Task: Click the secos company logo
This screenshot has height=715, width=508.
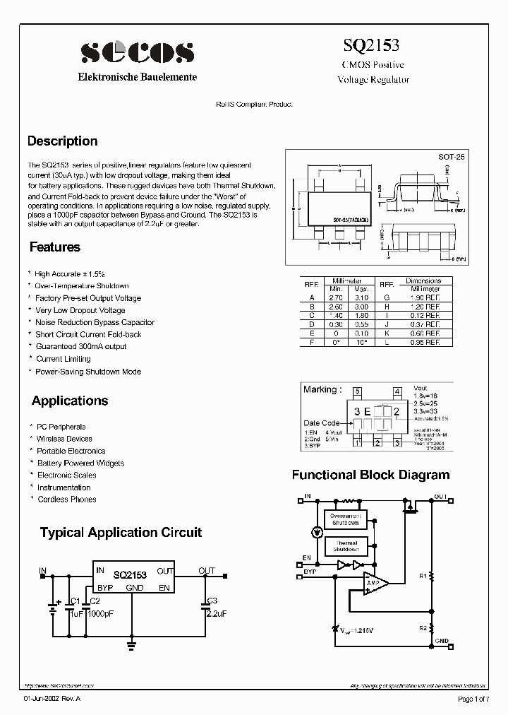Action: point(137,52)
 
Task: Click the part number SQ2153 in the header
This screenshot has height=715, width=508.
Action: point(371,45)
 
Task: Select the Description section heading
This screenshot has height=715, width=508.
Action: point(62,141)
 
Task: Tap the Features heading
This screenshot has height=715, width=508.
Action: point(55,247)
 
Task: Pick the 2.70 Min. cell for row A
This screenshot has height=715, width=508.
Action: point(336,297)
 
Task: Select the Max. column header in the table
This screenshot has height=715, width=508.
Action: point(361,289)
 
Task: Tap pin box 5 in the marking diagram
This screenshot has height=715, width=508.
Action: point(358,391)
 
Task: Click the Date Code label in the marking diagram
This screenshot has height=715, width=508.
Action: point(321,423)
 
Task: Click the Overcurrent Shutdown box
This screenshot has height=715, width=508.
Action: point(346,519)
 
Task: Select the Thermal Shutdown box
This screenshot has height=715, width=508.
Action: point(346,545)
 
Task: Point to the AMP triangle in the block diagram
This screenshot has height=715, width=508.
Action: point(374,583)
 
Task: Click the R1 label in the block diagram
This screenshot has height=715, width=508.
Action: point(423,576)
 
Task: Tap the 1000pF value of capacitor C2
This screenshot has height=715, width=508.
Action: point(101,615)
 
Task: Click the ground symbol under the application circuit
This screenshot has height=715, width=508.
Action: point(132,644)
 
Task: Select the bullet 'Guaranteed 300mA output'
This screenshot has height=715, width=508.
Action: point(81,347)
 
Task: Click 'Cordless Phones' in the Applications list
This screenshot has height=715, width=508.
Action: point(67,500)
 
